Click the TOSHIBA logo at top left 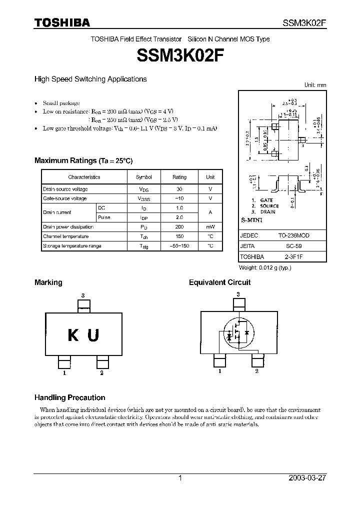pos(62,22)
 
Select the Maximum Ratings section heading pos(83,160)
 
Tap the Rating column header pos(179,177)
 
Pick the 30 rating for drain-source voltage pos(179,189)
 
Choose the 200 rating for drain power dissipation pos(179,227)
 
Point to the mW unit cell pos(210,227)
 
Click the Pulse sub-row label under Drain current pos(104,217)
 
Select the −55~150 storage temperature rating pos(179,246)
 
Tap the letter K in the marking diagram pos(73,335)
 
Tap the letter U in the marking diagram pos(93,335)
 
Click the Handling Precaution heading pos(69,397)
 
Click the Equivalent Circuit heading pos(219,282)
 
